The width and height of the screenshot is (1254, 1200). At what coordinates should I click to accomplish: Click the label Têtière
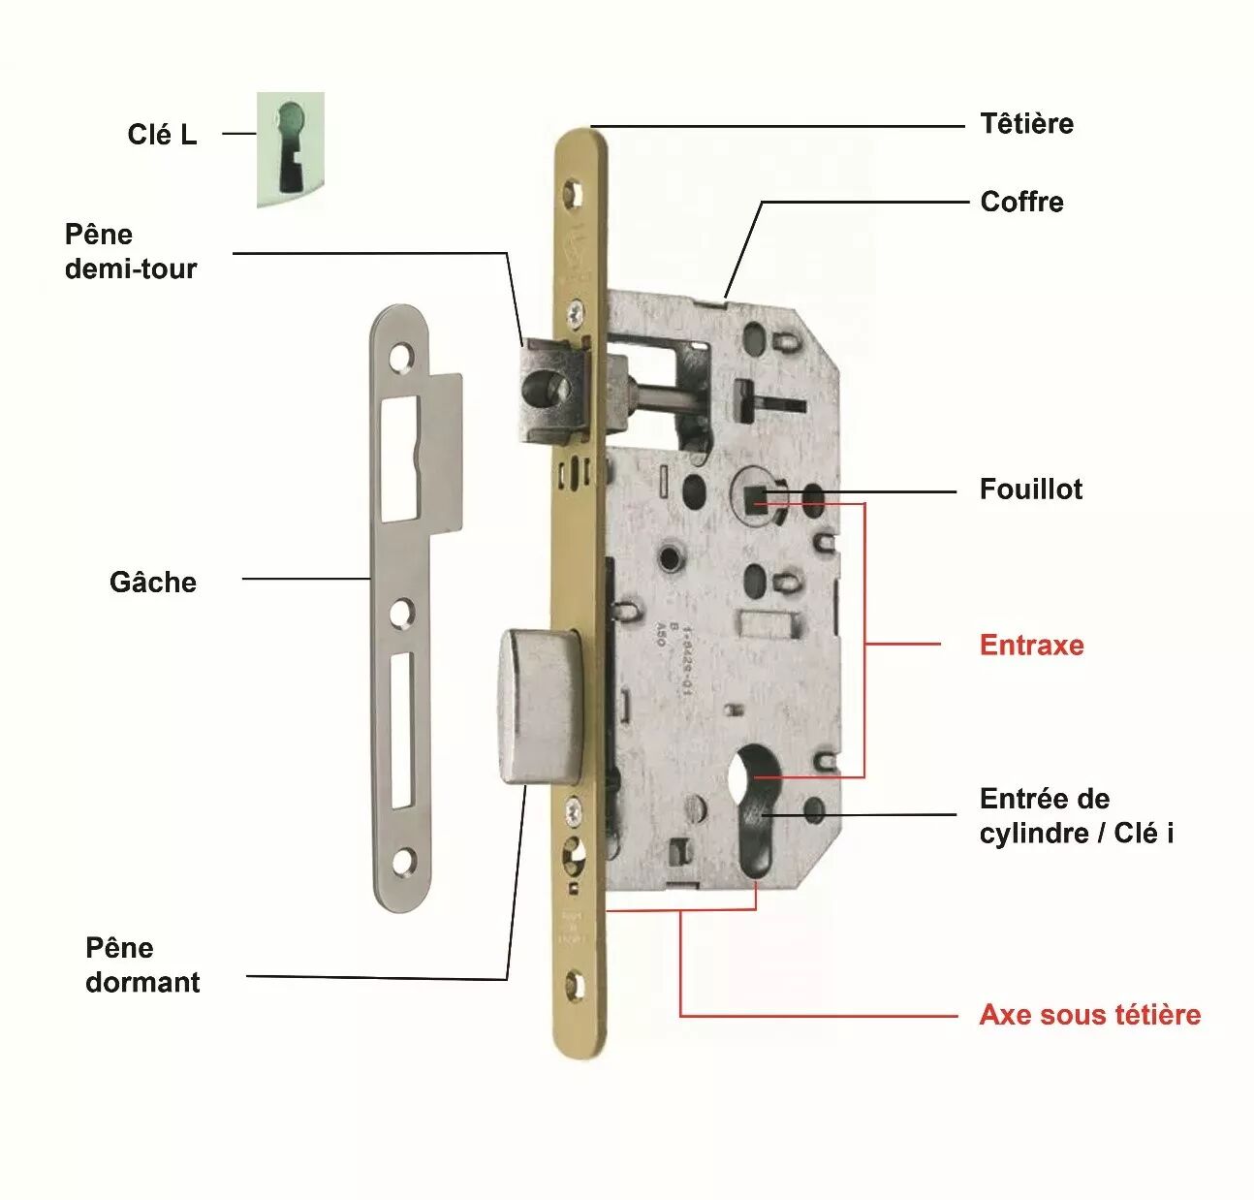[x=1026, y=124]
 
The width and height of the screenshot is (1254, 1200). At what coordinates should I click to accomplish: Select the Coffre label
[x=1021, y=202]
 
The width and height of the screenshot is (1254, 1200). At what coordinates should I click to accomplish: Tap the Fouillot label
[x=1030, y=489]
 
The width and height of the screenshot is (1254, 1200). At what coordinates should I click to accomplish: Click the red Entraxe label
[x=1031, y=645]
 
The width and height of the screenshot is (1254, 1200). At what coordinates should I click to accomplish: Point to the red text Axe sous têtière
[x=1089, y=1015]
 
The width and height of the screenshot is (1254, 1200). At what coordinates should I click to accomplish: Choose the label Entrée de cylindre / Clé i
[x=1076, y=815]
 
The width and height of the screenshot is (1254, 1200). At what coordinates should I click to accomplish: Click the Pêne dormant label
[x=142, y=964]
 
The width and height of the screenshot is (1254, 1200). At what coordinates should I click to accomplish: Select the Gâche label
[x=153, y=582]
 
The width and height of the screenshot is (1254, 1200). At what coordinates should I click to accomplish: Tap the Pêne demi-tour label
[x=131, y=251]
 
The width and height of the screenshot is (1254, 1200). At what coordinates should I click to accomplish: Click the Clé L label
[x=162, y=134]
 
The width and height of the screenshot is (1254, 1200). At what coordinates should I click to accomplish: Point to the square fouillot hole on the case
[x=755, y=499]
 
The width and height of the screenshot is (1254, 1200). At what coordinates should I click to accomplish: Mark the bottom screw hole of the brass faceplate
[x=575, y=986]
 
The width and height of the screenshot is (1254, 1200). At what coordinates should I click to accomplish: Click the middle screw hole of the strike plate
[x=402, y=613]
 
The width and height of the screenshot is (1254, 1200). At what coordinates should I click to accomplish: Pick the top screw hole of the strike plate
[x=400, y=360]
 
